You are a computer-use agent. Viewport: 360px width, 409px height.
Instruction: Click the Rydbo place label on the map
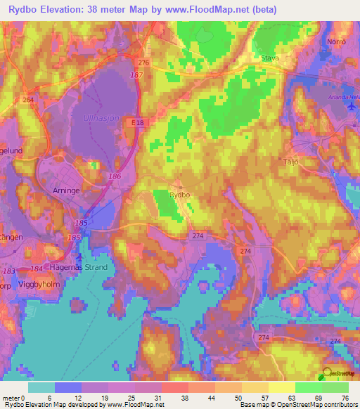coord(179,195)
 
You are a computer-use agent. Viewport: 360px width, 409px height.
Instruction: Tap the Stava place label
coord(270,59)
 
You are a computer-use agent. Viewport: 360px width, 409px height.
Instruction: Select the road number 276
coord(143,63)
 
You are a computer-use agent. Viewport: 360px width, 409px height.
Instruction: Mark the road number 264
coord(28,100)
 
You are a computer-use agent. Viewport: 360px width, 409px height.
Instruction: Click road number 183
coord(8,271)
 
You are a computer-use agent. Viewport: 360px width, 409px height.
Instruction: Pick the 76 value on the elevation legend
coord(345,398)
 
